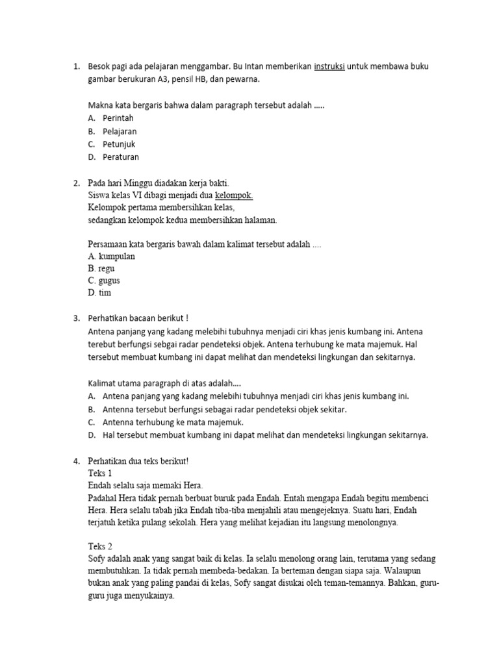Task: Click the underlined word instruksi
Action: (x=329, y=67)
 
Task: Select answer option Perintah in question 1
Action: (x=118, y=118)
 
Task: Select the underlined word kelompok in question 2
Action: (x=234, y=195)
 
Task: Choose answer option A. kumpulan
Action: (x=111, y=257)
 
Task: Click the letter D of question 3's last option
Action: (x=91, y=435)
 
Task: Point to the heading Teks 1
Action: (x=100, y=473)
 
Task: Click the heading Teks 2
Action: (x=100, y=546)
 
